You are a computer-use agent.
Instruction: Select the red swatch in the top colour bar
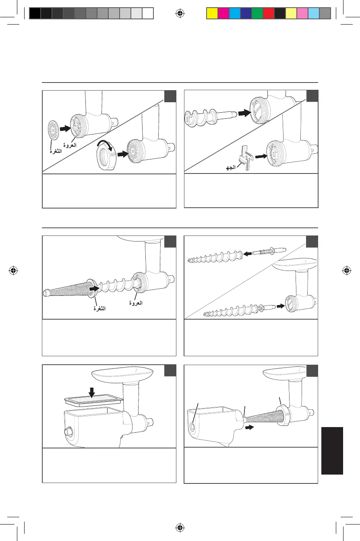(268, 14)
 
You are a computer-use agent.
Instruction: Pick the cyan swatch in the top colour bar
(234, 14)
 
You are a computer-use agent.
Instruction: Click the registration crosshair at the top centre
(180, 13)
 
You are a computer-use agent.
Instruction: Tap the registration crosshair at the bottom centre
(180, 527)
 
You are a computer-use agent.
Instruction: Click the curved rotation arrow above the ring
(107, 145)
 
